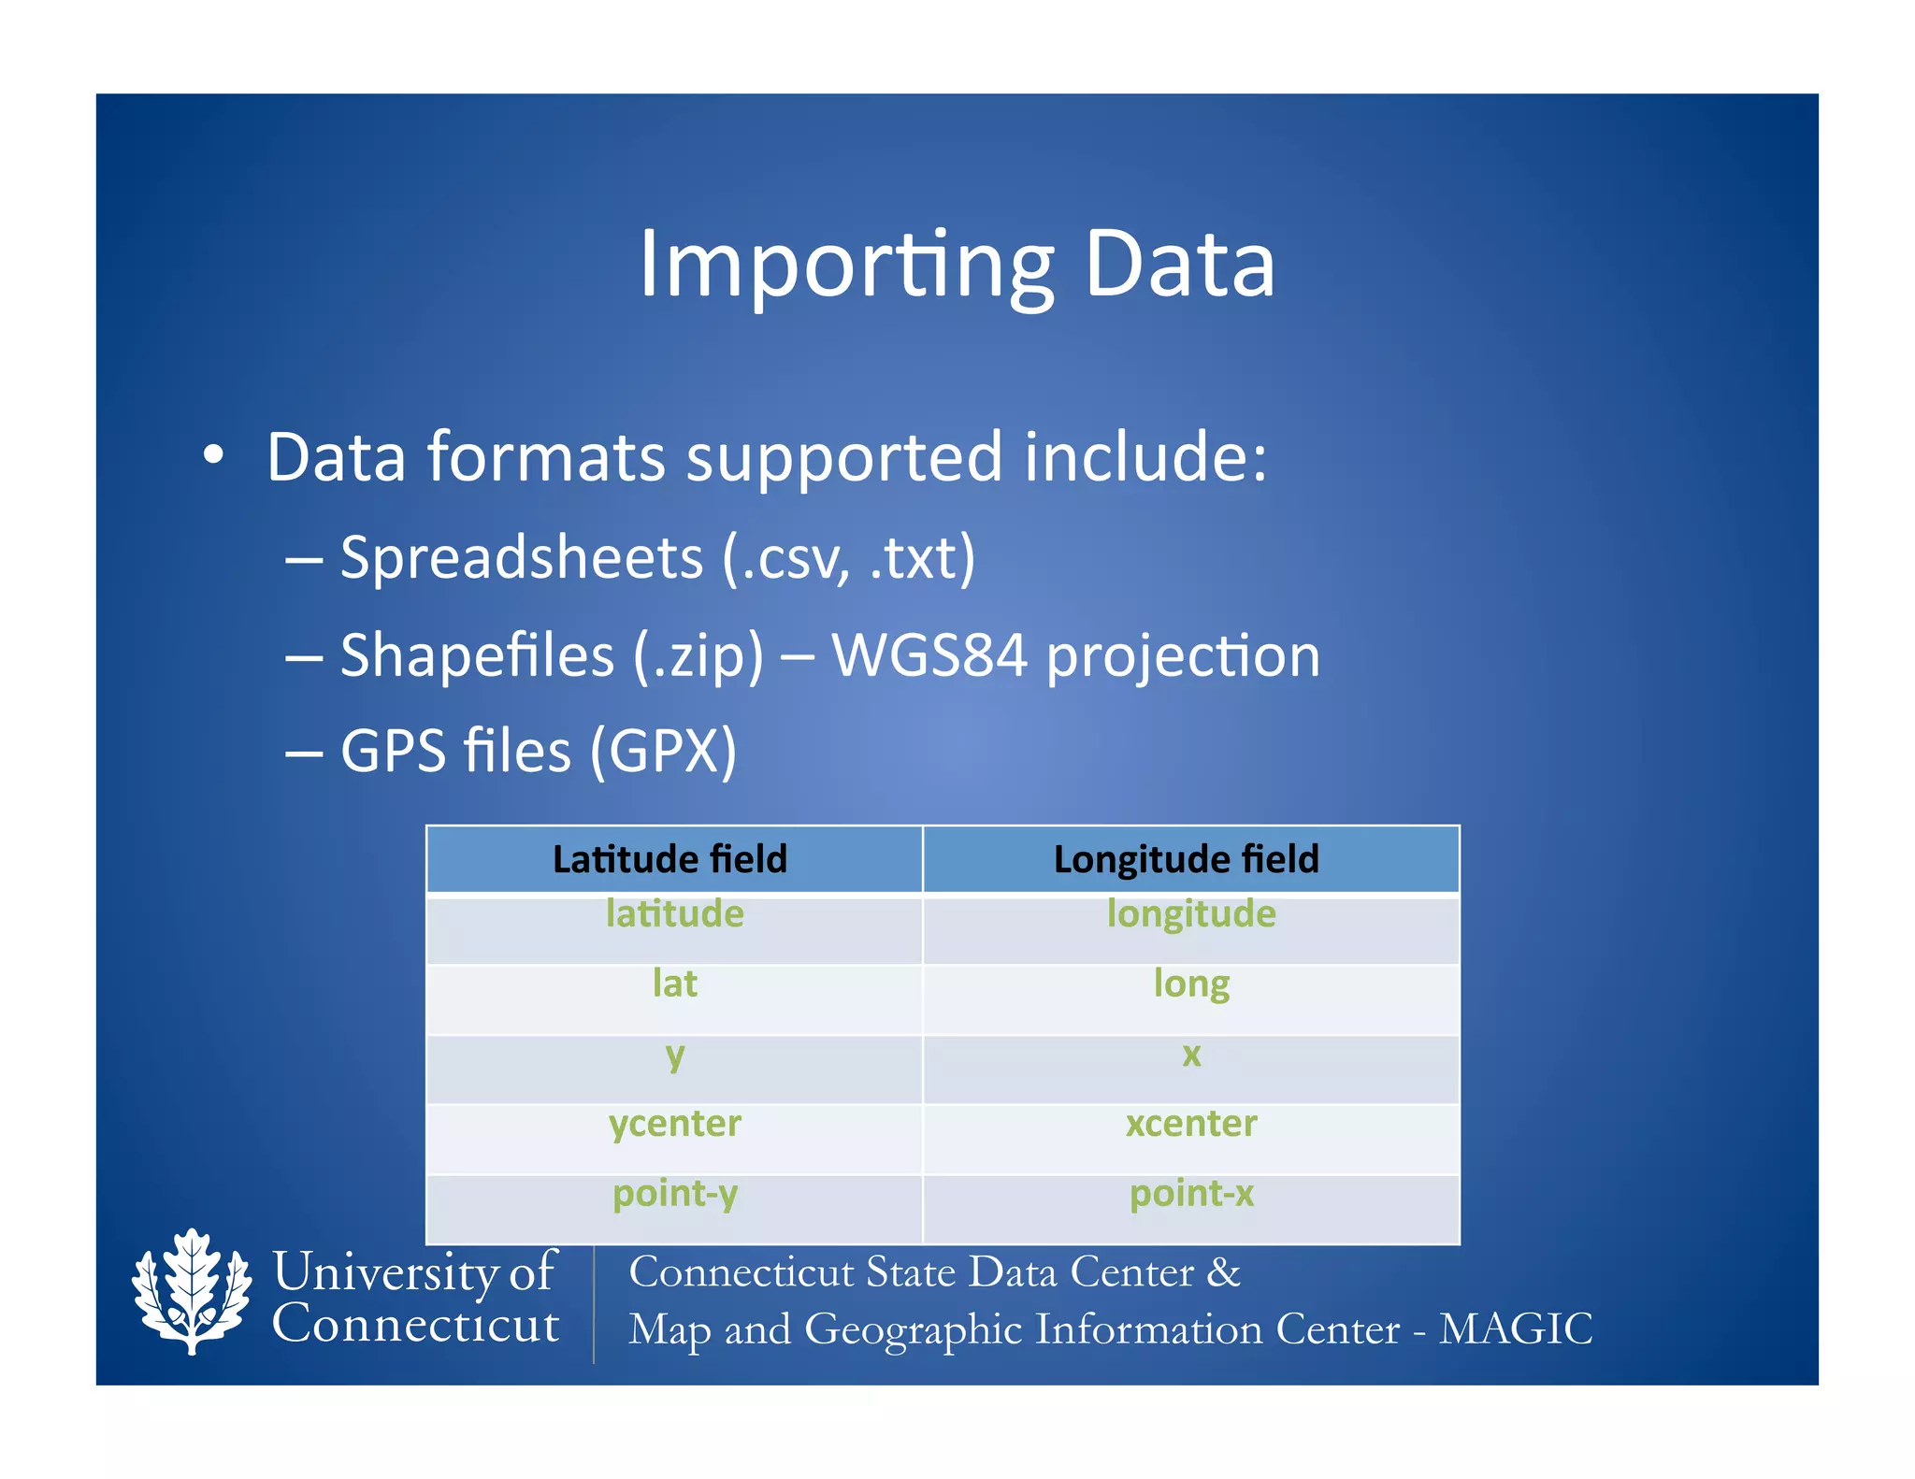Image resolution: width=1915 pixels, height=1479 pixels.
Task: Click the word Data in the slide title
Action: coord(1179,266)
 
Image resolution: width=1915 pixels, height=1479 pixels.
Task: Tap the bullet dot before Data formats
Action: coord(213,455)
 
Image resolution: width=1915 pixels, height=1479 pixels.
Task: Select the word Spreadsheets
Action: coord(521,558)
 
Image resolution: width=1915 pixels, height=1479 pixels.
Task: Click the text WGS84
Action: coord(929,655)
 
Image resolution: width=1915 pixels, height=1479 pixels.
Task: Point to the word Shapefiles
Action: coord(477,655)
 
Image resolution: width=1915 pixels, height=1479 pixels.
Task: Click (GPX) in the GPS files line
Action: coord(663,751)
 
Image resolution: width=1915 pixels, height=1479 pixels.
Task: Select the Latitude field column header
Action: coord(670,859)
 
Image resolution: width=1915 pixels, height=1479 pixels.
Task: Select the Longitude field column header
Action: coord(1186,859)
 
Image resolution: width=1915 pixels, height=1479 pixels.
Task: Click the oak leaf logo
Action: coord(192,1291)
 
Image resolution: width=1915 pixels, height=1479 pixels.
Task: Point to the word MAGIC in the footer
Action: coord(1515,1329)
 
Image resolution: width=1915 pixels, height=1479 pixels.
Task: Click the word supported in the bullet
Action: coord(844,457)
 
